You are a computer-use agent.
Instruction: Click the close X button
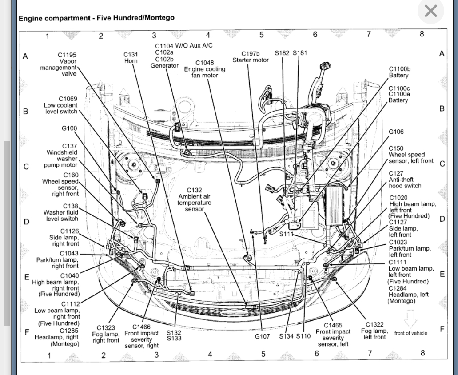[x=430, y=11]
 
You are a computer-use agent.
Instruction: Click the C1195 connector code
[x=67, y=55]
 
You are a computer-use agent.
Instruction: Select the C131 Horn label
[x=131, y=57]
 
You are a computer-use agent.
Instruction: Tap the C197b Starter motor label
[x=251, y=56]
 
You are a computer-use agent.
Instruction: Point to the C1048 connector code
[x=204, y=63]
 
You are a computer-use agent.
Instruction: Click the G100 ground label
[x=69, y=128]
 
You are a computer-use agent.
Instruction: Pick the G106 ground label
[x=396, y=132]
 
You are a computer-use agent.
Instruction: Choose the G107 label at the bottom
[x=262, y=336]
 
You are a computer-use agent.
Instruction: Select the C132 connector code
[x=194, y=190]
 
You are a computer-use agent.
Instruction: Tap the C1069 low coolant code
[x=68, y=99]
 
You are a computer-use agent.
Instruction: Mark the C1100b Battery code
[x=399, y=69]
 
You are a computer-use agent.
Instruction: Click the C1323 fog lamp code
[x=106, y=328]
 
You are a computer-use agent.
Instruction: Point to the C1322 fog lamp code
[x=374, y=325]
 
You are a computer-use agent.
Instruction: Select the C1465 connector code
[x=333, y=325]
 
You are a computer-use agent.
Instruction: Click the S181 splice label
[x=300, y=53]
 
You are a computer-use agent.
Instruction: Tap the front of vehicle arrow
[x=410, y=319]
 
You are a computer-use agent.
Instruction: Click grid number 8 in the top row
[x=422, y=34]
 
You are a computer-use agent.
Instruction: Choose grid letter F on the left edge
[x=27, y=331]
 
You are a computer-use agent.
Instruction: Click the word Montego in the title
[x=160, y=18]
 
